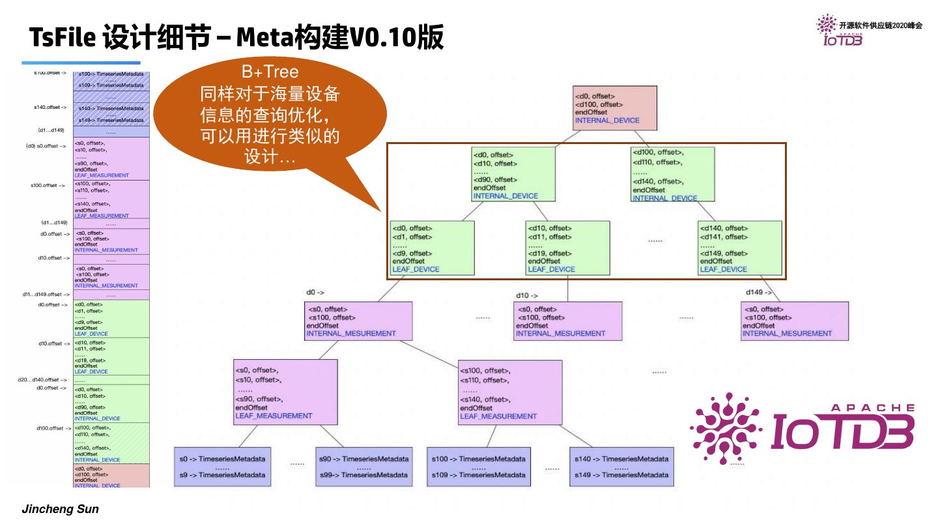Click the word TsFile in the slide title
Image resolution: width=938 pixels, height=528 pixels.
coord(63,38)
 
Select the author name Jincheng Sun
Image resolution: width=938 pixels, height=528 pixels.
coord(61,509)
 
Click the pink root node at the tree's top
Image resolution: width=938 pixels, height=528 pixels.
coord(616,108)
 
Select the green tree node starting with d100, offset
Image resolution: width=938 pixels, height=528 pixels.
coord(672,174)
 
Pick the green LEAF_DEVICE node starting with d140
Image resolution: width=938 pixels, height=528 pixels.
coord(739,248)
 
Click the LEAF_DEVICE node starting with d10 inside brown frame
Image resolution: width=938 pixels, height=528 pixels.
coord(567,248)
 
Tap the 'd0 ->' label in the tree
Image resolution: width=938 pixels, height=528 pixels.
coord(315,293)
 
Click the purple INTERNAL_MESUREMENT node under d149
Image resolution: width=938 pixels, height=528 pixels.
coord(794,321)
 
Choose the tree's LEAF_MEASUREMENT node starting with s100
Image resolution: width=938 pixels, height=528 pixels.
coord(510,392)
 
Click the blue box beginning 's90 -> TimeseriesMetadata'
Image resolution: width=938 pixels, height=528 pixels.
coord(363,467)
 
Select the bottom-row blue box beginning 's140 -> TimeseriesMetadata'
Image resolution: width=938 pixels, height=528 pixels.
coord(620,467)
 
